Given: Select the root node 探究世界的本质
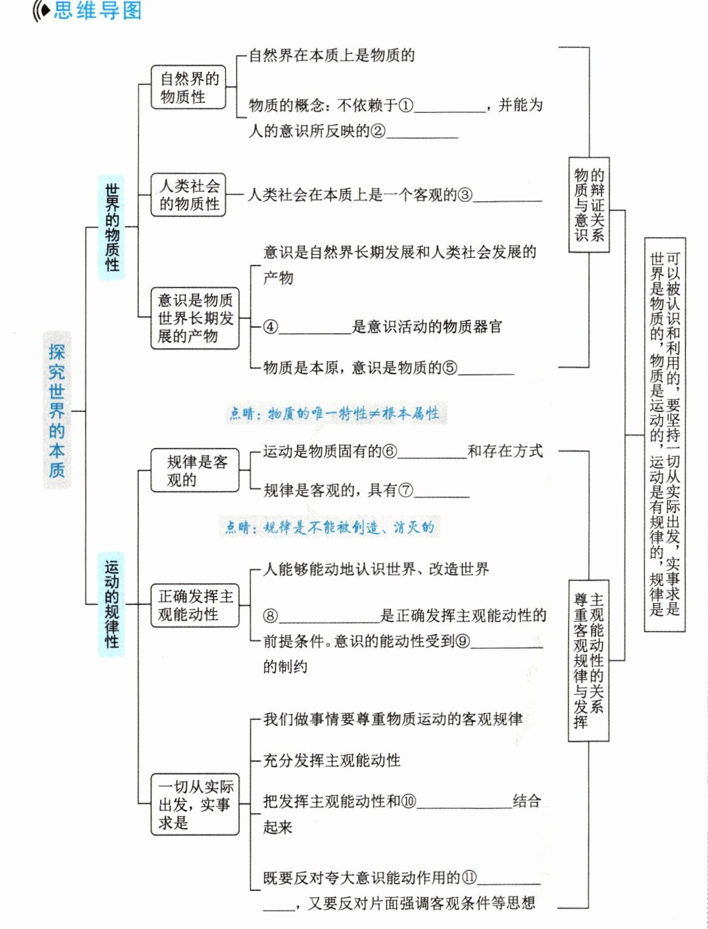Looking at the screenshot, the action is pos(56,410).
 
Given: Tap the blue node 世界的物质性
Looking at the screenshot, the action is pos(112,227).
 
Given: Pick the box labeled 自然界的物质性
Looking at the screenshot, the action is pos(188,88).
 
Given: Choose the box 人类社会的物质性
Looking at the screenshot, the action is pos(188,195).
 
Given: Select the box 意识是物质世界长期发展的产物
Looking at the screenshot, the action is pos(195,318).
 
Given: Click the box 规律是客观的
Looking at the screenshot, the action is pos(195,471).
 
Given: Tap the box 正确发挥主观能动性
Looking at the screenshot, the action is pos(195,605).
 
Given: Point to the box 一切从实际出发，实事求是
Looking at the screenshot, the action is pos(195,804).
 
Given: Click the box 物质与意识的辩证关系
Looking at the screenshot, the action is pos(589,204).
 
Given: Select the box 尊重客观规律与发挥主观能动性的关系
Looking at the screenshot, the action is pos(588,660).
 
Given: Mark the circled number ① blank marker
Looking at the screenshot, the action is pos(406,105).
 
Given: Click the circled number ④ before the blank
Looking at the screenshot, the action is pos(271,327).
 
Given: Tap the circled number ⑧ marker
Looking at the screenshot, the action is pos(271,616).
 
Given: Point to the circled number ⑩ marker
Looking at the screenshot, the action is pos(408,801).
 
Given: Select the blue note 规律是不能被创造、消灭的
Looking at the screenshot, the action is pos(329,527).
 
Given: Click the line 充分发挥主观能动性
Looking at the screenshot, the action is pos(332,760).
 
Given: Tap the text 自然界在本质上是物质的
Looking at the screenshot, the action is pos(332,55).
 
